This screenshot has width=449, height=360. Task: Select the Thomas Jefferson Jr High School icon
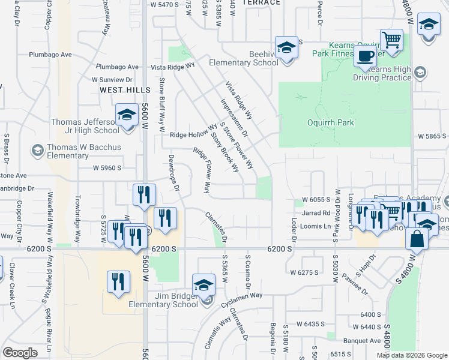pos(127,115)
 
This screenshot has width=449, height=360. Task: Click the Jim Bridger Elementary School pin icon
pos(203,286)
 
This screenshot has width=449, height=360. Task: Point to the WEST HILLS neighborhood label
pos(124,90)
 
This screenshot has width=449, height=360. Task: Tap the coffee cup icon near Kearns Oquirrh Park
pos(364,56)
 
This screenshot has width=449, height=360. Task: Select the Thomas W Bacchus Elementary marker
pos(38,149)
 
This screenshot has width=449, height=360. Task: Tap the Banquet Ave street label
pos(366,341)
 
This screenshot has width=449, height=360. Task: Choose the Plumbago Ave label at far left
pos(51,55)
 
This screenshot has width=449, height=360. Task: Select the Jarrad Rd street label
pos(316,213)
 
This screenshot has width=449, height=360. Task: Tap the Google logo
pos(20,353)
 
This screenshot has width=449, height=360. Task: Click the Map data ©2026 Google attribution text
pos(411,355)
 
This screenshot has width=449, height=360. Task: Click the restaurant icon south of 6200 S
pos(118,283)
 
